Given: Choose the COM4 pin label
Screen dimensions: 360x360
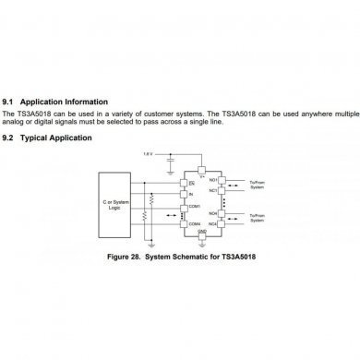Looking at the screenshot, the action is click(x=194, y=223).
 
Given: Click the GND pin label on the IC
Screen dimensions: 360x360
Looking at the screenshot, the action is click(x=202, y=233).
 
